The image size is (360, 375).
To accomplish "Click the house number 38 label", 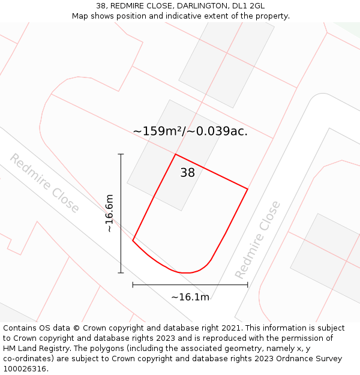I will pos(187,173).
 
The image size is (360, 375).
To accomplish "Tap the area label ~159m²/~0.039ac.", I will pos(190,131).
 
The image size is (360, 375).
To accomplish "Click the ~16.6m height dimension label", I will pos(109,213).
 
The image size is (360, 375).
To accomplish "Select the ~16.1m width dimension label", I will pos(190,297).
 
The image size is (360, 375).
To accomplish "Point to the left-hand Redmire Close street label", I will pos(44,183).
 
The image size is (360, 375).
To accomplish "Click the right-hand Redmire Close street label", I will pos(257,239).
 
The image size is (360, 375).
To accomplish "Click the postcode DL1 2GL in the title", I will pos(248,6).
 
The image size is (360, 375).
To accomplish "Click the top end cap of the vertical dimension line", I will pos(121,154).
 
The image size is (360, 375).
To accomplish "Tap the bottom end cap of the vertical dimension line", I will pos(121,273).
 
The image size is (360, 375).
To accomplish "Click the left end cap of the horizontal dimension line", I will pos(133,285).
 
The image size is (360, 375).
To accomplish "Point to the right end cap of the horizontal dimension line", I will pos(248,285).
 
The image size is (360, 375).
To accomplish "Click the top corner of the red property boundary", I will pos(175,154).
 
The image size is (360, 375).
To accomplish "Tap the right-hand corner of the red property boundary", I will pos(248,189).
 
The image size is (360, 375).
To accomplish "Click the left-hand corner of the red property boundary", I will pos(133,241).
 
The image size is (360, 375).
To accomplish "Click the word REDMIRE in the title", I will pos(128,6).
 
